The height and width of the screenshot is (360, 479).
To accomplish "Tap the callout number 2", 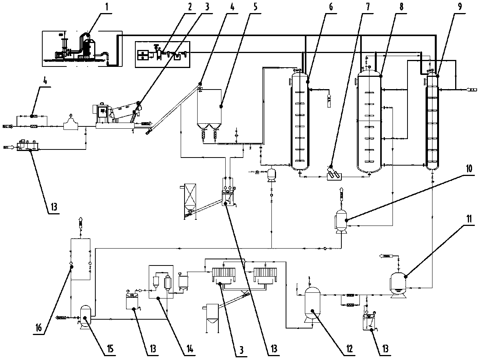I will pos(189,7).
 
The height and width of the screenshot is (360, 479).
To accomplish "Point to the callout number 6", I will pos(331,7).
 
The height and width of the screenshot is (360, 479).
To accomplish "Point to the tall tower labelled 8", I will pos(369,119).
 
